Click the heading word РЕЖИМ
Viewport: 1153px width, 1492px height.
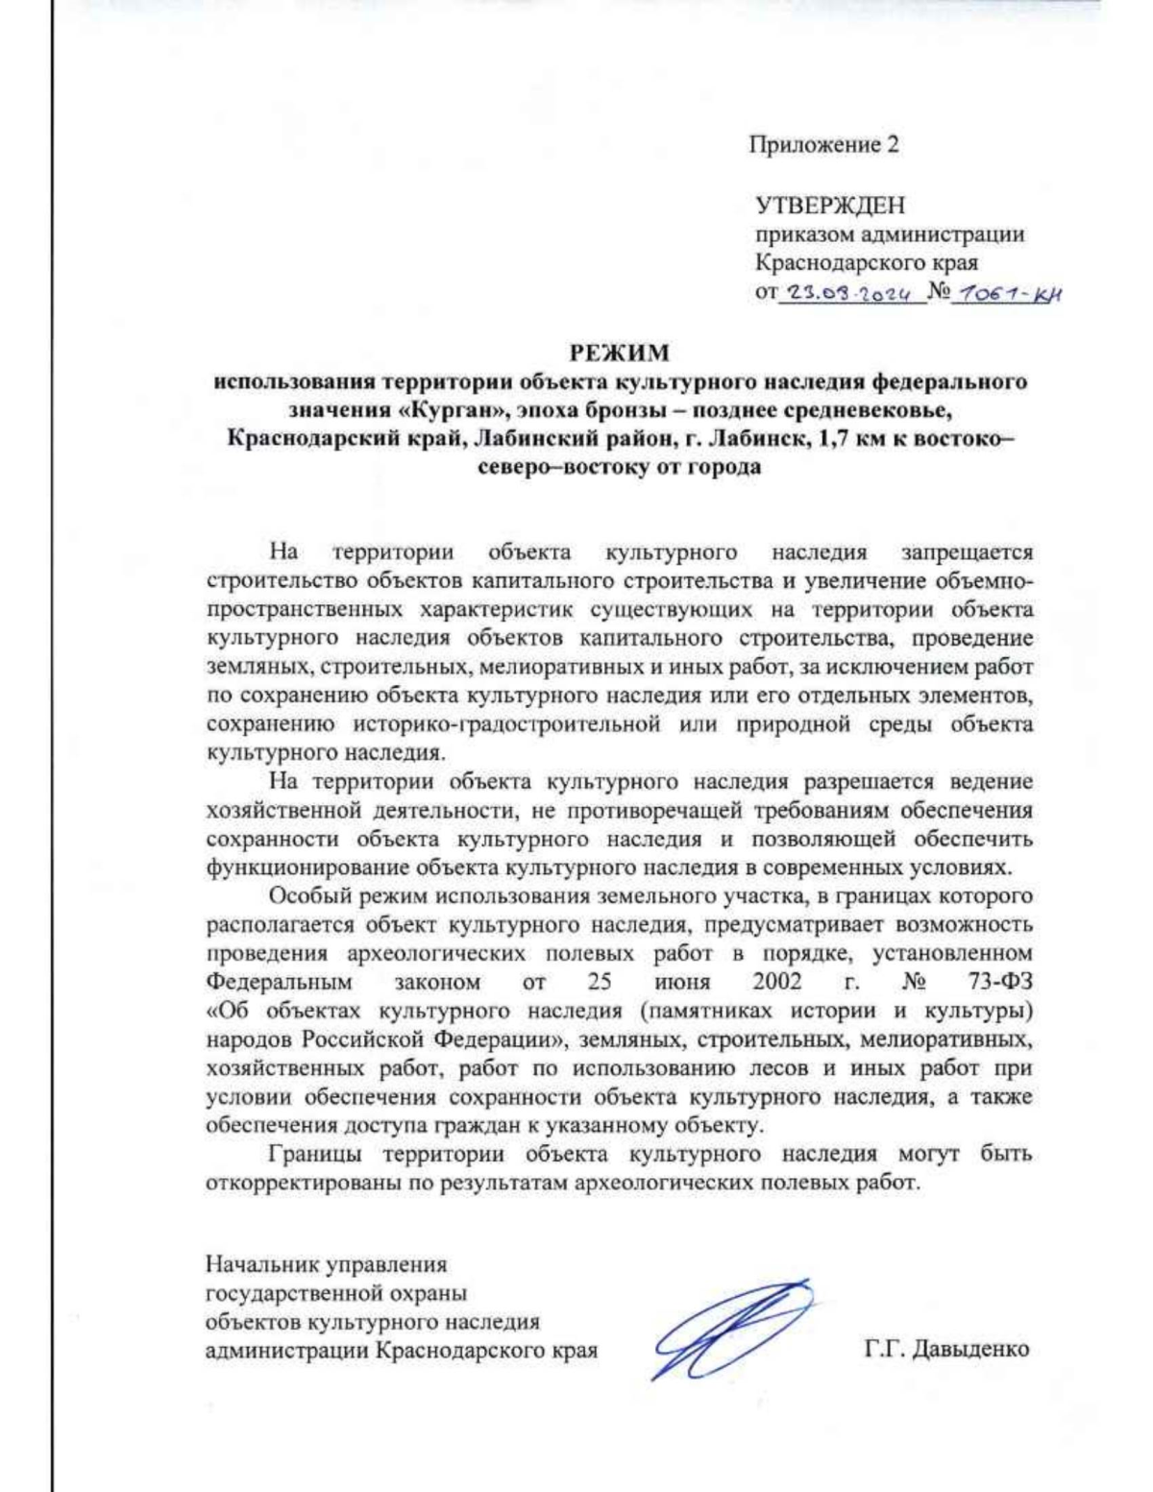click(620, 353)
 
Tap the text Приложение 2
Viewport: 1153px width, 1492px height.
click(824, 145)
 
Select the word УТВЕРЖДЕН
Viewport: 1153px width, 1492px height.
click(830, 206)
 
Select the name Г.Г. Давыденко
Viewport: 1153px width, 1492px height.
click(946, 1349)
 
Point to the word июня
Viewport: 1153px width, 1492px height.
click(683, 982)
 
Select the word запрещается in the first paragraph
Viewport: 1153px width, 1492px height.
click(967, 552)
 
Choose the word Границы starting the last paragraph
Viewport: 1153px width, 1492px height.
click(309, 1154)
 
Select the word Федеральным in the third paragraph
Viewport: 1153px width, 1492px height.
click(280, 982)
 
